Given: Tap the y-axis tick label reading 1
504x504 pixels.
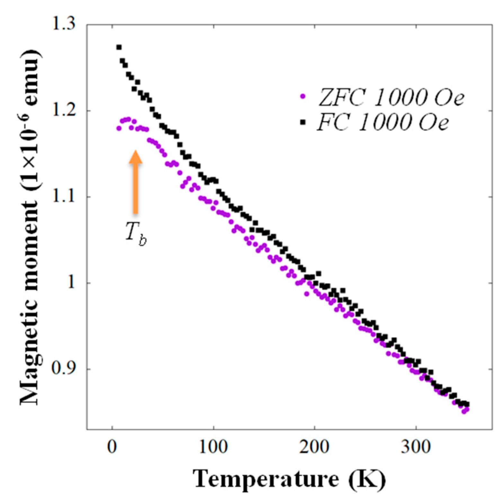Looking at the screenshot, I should coord(71,283).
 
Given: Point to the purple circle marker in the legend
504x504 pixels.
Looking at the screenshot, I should coord(302,96).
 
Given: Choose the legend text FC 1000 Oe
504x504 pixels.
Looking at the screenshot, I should coord(382,122).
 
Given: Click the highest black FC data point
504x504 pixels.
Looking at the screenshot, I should coord(119,47).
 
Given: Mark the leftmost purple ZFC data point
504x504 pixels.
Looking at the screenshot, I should coord(119,128).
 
